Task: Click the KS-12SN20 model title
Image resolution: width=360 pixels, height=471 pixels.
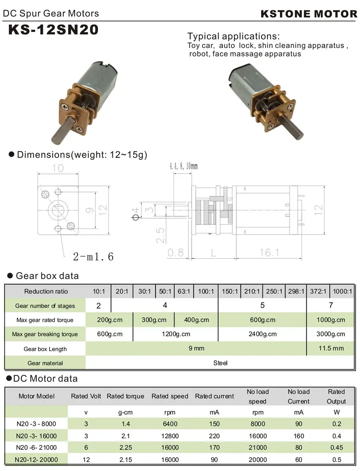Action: pos(53,30)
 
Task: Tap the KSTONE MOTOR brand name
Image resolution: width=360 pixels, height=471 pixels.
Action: pos(308,14)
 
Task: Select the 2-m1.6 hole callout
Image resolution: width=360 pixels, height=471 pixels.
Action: pos(93,256)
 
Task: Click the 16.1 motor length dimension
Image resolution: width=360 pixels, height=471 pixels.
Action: pos(269,252)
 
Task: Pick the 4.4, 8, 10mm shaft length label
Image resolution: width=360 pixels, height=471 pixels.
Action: pos(184,166)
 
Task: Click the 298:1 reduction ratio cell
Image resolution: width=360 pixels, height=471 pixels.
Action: pos(296,291)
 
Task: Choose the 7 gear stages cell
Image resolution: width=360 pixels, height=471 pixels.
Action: pos(330,305)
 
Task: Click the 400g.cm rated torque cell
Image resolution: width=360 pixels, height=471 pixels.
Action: pos(196,320)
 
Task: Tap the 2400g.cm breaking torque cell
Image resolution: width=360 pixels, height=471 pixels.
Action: pos(262,334)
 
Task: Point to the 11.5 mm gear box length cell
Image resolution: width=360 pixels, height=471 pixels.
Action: pos(330,348)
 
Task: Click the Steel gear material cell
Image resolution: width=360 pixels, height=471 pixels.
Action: pos(220,363)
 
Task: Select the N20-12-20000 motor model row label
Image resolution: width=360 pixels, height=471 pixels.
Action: pos(36,459)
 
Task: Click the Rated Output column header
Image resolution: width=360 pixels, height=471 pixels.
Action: pos(336,396)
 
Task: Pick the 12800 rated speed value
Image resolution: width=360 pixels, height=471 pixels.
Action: pos(170,436)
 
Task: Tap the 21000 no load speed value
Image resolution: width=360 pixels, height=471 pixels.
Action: pos(257,447)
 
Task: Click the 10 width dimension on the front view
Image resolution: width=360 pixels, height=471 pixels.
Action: pos(58,168)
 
